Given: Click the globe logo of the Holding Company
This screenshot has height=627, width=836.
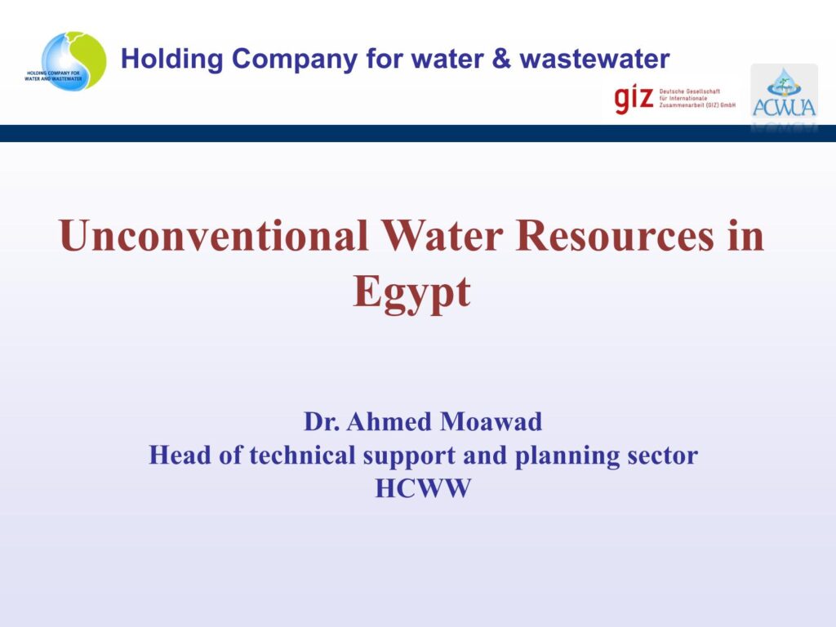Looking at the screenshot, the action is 65,60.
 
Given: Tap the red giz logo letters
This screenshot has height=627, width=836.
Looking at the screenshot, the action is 634,99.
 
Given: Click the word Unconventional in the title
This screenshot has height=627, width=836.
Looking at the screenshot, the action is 214,235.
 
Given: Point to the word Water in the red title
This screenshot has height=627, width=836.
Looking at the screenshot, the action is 442,235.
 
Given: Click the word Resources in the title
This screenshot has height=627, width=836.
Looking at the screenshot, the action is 614,235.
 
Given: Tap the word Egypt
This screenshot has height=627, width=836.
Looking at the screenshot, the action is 411,293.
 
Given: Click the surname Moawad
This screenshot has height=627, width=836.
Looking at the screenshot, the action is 491,421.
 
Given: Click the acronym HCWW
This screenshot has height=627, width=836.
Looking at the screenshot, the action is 423,488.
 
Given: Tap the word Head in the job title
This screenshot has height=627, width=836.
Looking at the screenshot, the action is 180,455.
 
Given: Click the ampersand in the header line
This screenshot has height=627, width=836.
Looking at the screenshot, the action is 501,58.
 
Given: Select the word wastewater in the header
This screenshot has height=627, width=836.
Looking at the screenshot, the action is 595,59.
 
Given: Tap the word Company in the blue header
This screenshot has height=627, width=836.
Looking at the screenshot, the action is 295,60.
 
